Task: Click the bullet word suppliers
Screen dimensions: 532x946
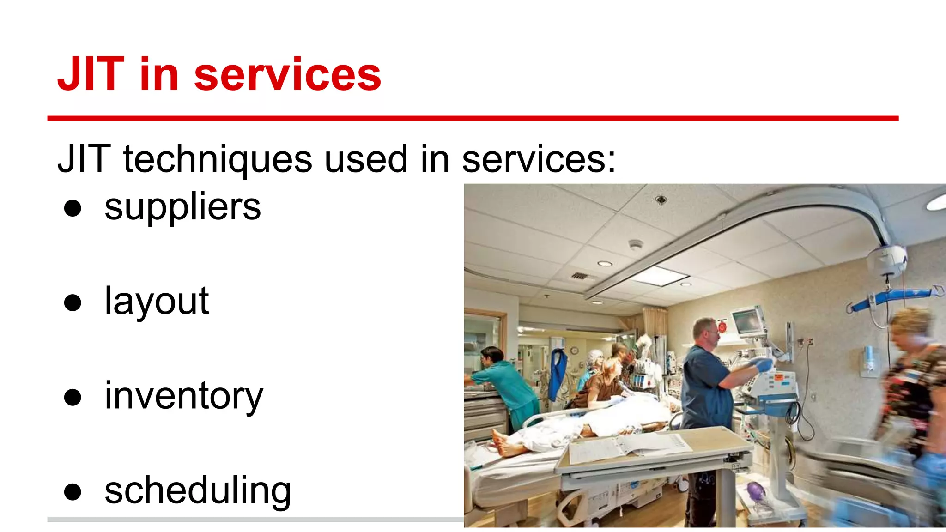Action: (x=182, y=208)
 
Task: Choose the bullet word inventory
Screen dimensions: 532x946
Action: (x=183, y=396)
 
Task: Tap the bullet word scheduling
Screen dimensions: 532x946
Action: (x=198, y=490)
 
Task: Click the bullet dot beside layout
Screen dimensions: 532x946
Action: (x=73, y=303)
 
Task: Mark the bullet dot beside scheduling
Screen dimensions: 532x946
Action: (x=73, y=492)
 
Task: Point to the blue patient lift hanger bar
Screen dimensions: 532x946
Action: (x=891, y=298)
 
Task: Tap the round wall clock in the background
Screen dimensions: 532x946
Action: (x=574, y=351)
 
